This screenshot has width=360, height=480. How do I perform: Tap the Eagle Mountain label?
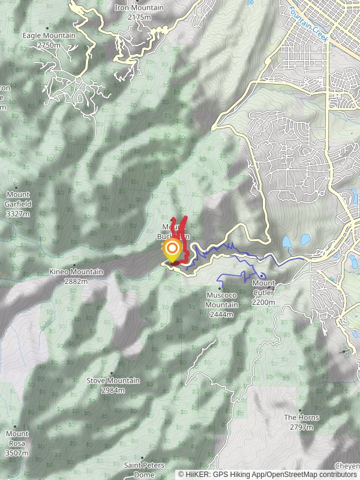pos(49,35)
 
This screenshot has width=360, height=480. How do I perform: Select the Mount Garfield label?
pos(19,194)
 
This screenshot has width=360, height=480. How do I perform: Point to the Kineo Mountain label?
pos(76,272)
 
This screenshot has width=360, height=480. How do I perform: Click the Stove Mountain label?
pos(113,381)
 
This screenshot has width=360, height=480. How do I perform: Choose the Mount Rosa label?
pos(17,434)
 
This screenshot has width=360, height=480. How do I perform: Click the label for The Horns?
pos(301,418)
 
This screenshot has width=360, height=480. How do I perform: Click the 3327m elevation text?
pos(19,214)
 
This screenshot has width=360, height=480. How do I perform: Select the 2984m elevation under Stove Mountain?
pos(113,391)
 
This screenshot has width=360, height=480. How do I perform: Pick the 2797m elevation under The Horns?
pos(301,428)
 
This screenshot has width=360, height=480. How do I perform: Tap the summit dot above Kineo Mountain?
pos(74,264)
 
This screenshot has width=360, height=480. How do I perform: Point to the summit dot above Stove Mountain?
pos(111,373)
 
